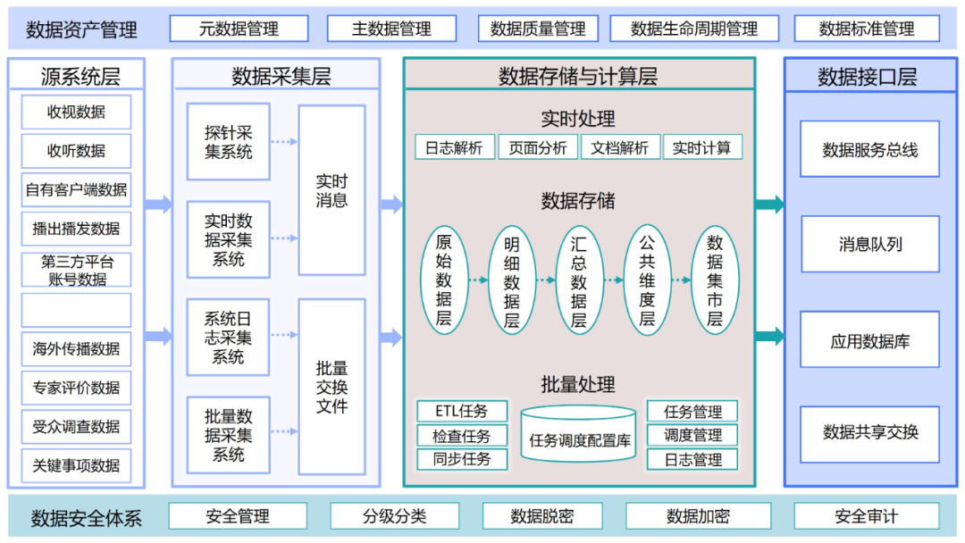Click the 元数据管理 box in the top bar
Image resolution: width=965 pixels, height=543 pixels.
[239, 29]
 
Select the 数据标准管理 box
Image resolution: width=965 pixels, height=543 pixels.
[867, 29]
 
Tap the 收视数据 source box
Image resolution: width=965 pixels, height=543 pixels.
[76, 113]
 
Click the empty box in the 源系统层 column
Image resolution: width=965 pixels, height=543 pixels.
[76, 310]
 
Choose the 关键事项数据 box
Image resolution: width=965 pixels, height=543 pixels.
[76, 465]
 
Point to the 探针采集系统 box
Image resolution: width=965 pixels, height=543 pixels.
[228, 142]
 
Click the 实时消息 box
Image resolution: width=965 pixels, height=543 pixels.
[331, 190]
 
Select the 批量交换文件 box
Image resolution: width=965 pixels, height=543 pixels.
[331, 387]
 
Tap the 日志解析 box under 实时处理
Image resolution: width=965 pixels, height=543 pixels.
[454, 147]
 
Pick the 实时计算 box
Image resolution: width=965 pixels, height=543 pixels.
[701, 147]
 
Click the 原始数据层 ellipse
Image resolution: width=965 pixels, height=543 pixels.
[444, 280]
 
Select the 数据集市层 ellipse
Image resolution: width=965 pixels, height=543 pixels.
[715, 280]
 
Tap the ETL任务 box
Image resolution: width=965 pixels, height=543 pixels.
[462, 412]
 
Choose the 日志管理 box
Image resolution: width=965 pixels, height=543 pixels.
[692, 459]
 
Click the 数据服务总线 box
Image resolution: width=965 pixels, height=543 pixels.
[869, 150]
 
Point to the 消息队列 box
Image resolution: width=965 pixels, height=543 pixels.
[869, 245]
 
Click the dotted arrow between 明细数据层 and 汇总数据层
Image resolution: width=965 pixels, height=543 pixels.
[546, 280]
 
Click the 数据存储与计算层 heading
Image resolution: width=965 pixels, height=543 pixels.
[578, 77]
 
